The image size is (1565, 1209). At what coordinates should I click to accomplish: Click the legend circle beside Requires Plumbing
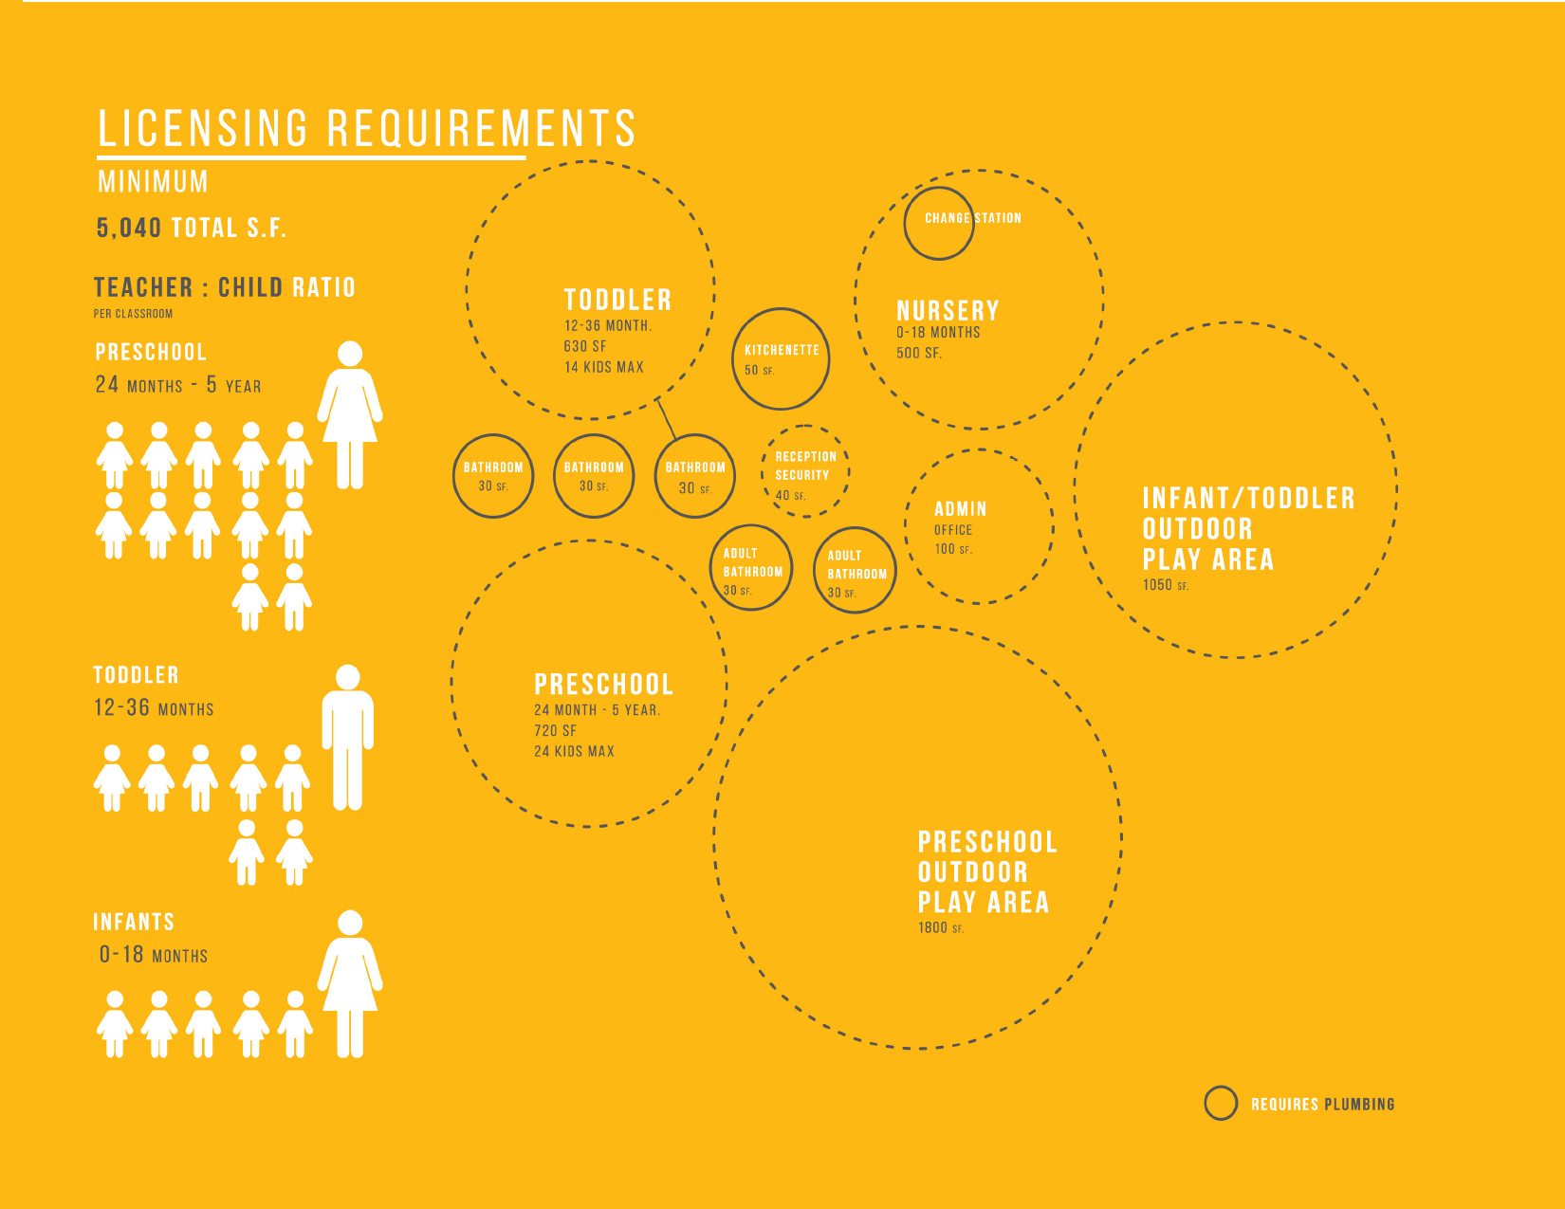tap(1221, 1087)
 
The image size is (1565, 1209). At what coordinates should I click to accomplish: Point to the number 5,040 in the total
tap(129, 229)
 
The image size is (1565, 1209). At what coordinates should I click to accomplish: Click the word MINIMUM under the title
tap(154, 181)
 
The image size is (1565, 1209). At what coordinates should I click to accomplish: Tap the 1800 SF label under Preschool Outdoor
tap(941, 928)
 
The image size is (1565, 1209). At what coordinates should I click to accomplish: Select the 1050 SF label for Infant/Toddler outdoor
tap(1166, 585)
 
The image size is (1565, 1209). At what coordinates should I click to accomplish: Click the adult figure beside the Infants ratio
tap(350, 983)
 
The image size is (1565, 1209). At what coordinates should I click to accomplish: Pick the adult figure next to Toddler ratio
tap(348, 738)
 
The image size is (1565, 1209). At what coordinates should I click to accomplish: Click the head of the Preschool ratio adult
tap(350, 354)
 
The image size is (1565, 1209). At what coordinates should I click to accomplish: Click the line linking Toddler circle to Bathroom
tap(666, 418)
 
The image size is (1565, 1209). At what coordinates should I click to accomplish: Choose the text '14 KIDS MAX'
tap(603, 367)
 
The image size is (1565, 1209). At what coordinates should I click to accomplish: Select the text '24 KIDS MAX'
tap(574, 752)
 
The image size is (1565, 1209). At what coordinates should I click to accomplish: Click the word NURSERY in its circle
tap(948, 311)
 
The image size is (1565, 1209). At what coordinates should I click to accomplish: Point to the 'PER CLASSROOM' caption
tap(133, 314)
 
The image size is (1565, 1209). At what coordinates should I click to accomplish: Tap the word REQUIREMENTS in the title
tap(481, 129)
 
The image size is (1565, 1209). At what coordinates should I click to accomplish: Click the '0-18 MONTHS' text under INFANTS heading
tap(154, 955)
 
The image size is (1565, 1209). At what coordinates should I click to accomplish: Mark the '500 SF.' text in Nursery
tap(919, 354)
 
